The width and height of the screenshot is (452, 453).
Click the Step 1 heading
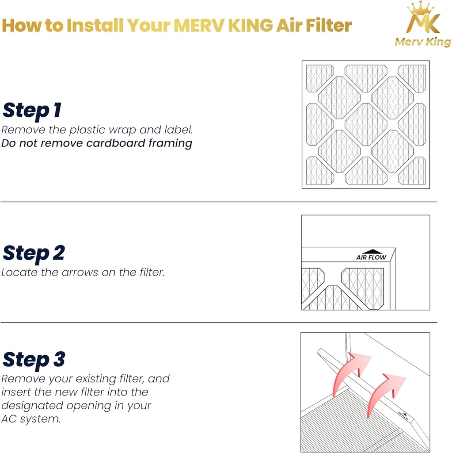click(31, 110)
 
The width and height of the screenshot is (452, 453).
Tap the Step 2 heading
click(34, 253)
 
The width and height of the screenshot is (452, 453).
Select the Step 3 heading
click(34, 360)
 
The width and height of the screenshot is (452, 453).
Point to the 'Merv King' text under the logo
click(423, 42)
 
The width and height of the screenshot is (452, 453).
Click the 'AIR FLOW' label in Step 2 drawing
click(371, 257)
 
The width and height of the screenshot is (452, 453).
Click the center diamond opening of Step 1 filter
click(365, 124)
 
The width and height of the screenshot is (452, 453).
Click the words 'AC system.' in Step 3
click(31, 419)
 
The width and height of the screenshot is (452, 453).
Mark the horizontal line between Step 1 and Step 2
click(219, 202)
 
